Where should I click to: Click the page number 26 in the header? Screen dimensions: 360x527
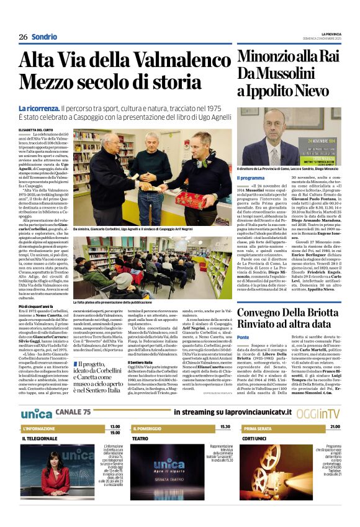tap(22, 37)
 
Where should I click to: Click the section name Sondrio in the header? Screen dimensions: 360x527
tap(44, 37)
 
